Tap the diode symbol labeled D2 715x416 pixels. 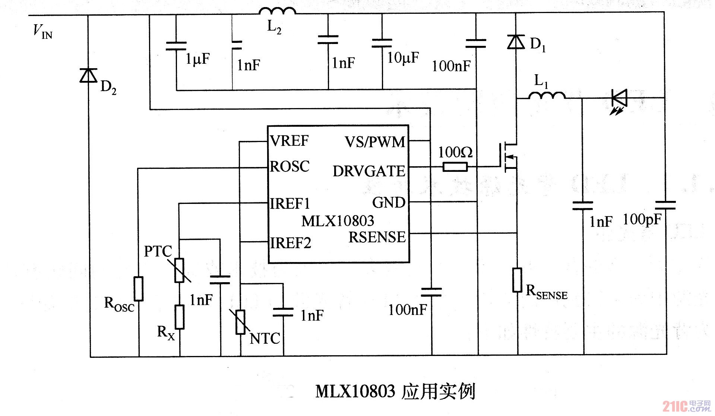pyautogui.click(x=88, y=75)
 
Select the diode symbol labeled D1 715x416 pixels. pyautogui.click(x=516, y=42)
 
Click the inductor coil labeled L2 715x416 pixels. pyautogui.click(x=277, y=11)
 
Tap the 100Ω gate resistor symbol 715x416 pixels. pyautogui.click(x=455, y=167)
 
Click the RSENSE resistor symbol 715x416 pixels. pyautogui.click(x=517, y=280)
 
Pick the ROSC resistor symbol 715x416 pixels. pyautogui.click(x=139, y=289)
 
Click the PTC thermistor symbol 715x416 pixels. pyautogui.click(x=179, y=270)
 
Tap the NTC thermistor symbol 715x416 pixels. pyautogui.click(x=241, y=322)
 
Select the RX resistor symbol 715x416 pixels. pyautogui.click(x=180, y=317)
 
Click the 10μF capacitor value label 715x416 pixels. pyautogui.click(x=403, y=58)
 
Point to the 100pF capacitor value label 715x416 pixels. pyautogui.click(x=642, y=220)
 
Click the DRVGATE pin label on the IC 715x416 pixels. pyautogui.click(x=368, y=171)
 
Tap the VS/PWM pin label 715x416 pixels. pyautogui.click(x=374, y=142)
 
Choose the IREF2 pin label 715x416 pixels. pyautogui.click(x=290, y=243)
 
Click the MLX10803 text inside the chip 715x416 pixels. pyautogui.click(x=338, y=221)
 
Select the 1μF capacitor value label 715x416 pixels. pyautogui.click(x=198, y=59)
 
